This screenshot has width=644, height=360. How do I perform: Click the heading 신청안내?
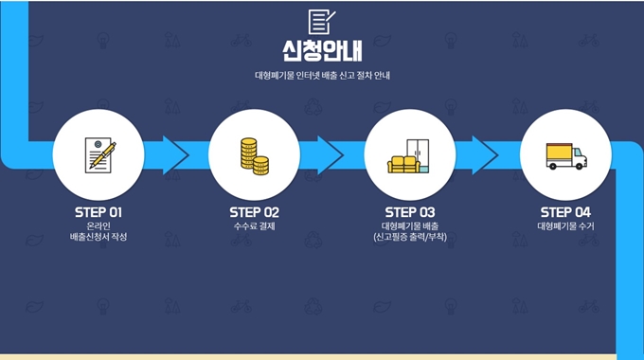click(x=322, y=48)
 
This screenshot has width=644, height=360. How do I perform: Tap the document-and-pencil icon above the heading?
click(x=322, y=20)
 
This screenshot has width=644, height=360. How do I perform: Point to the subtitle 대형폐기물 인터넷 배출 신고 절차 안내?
click(x=322, y=76)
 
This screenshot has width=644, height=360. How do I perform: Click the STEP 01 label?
click(x=98, y=211)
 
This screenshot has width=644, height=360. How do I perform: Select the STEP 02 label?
click(x=254, y=211)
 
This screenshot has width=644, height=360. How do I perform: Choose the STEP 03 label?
click(x=409, y=211)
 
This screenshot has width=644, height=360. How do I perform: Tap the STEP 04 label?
click(x=564, y=211)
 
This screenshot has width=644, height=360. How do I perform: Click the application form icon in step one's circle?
click(x=98, y=154)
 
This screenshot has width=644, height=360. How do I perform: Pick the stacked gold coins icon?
click(x=253, y=155)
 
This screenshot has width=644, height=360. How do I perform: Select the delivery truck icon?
click(x=565, y=156)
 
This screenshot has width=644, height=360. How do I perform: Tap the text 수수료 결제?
click(x=254, y=226)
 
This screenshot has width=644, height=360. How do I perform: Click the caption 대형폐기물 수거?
click(x=564, y=226)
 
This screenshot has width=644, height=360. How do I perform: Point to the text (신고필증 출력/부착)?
click(x=409, y=237)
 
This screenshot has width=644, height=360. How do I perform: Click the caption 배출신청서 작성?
click(x=98, y=237)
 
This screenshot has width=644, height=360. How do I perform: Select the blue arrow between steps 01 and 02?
click(x=173, y=155)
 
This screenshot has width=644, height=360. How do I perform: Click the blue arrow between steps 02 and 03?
click(x=329, y=155)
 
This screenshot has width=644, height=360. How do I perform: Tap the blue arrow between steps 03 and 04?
click(x=484, y=155)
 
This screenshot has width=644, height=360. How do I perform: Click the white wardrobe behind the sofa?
click(x=419, y=152)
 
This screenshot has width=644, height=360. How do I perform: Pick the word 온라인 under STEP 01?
click(x=98, y=225)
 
